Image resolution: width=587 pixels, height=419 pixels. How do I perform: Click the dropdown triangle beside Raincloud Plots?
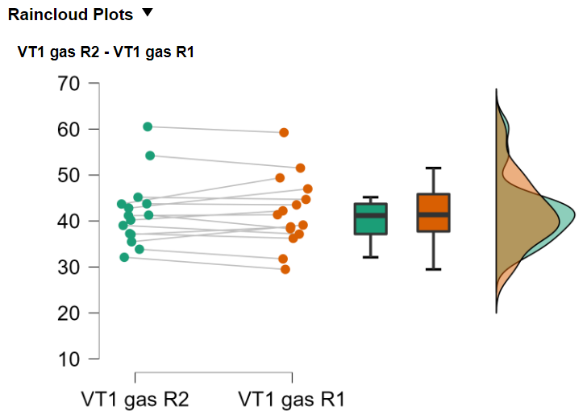pyautogui.click(x=147, y=12)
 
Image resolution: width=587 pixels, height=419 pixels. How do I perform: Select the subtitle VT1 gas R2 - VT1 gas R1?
pyautogui.click(x=106, y=52)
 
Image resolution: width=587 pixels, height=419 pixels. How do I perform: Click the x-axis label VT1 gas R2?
pyautogui.click(x=135, y=399)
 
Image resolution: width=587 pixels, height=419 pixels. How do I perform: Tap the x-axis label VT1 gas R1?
pyautogui.click(x=292, y=399)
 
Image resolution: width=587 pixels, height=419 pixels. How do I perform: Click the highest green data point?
pyautogui.click(x=148, y=127)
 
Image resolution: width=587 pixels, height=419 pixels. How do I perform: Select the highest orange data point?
pyautogui.click(x=284, y=132)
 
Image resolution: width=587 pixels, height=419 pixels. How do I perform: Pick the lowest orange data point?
pyautogui.click(x=285, y=269)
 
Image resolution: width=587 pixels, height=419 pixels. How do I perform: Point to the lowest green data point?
pyautogui.click(x=124, y=257)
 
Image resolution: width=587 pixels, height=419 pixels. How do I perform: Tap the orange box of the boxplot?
pyautogui.click(x=433, y=213)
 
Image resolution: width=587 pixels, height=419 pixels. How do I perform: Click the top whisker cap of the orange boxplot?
pyautogui.click(x=433, y=168)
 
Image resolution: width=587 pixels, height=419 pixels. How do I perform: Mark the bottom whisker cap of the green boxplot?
pyautogui.click(x=371, y=257)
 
